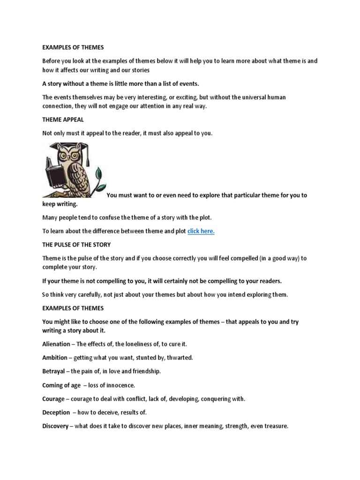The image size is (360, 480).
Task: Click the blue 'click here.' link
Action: coord(201,231)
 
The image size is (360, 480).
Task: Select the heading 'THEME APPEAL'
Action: coord(63,120)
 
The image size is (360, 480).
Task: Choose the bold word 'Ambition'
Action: coord(55,357)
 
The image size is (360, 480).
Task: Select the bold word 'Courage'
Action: coord(54,399)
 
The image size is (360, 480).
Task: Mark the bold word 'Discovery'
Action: coord(55,427)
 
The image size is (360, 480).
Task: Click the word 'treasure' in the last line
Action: coord(276,427)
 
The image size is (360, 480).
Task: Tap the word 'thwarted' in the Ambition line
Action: coord(179,357)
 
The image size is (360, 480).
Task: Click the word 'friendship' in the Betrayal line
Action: coord(145,371)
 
